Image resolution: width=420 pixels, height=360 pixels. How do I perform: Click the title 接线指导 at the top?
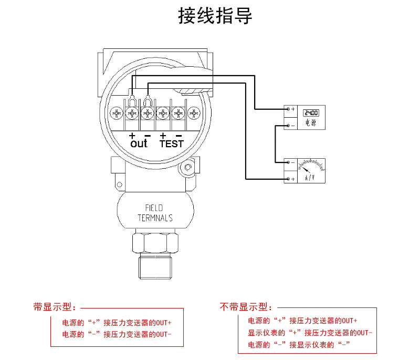point(215,16)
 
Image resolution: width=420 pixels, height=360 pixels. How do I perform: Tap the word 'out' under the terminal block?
point(139,143)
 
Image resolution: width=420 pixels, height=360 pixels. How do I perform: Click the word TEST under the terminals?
point(172,143)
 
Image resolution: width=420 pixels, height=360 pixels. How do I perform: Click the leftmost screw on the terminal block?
point(116,113)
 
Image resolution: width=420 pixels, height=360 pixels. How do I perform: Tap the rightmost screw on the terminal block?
point(195,113)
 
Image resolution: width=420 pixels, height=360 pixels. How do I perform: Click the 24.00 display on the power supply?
point(310,112)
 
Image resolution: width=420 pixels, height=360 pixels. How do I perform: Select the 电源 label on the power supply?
point(310,124)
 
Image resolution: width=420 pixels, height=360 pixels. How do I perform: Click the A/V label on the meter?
point(310,179)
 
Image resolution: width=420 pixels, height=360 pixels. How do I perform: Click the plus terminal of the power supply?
point(288,109)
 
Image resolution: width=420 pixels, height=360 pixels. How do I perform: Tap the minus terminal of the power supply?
point(288,125)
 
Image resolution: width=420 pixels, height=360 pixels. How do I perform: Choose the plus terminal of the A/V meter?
point(288,179)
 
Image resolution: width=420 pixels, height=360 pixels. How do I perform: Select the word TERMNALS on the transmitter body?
point(155,218)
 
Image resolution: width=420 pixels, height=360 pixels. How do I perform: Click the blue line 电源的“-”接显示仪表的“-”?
point(299,345)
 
